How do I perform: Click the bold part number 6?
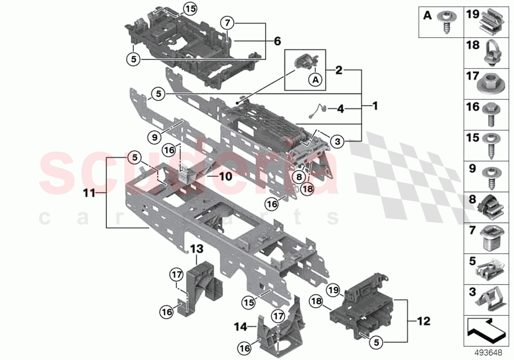278,41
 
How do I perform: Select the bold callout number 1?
375,106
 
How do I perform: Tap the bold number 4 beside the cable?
341,109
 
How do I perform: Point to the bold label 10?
225,177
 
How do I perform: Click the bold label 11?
89,193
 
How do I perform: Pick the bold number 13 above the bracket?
197,249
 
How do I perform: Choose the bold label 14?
241,327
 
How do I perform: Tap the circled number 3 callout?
338,142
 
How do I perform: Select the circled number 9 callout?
155,137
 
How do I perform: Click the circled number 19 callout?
333,290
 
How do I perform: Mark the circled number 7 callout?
228,24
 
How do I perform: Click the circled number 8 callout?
299,177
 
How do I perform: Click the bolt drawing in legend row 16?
491,114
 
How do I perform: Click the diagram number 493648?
489,353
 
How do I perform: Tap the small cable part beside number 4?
317,110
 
